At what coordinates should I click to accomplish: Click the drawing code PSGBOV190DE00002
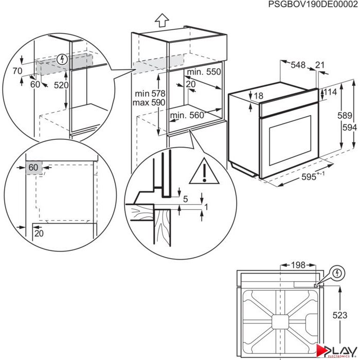[313, 5]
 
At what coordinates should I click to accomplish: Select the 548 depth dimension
[298, 65]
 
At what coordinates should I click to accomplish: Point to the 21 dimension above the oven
[320, 65]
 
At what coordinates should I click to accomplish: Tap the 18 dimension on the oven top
[258, 96]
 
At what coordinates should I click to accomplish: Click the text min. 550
[204, 73]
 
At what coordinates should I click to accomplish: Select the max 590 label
[148, 103]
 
